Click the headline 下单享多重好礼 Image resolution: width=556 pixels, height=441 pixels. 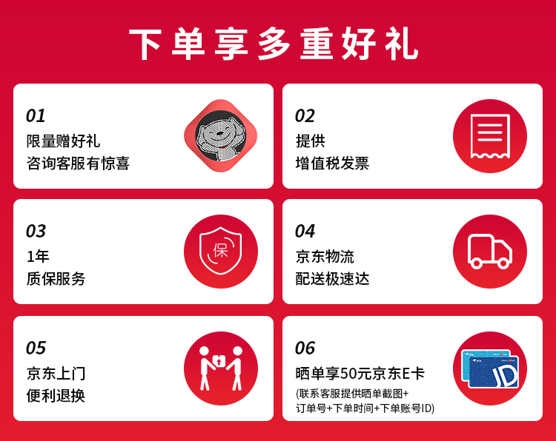(274, 44)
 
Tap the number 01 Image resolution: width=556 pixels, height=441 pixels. (36, 115)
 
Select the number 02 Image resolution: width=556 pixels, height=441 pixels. (305, 115)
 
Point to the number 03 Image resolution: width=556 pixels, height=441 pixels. (36, 231)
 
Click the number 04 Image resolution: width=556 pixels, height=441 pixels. (305, 231)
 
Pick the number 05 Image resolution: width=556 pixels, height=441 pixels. (36, 348)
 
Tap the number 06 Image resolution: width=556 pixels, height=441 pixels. (305, 348)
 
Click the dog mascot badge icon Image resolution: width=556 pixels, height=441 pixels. (221, 136)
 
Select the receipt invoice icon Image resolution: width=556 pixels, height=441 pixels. (490, 136)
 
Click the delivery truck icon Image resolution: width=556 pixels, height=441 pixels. (490, 252)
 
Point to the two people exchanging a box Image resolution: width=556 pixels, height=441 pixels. (221, 368)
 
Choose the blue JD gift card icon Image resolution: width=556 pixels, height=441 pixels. (490, 368)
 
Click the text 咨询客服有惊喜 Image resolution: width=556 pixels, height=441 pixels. (78, 164)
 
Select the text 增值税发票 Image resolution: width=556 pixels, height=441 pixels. (332, 164)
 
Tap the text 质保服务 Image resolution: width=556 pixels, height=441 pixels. (56, 279)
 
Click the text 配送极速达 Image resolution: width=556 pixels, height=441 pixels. (332, 279)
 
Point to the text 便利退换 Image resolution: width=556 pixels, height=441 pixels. (56, 396)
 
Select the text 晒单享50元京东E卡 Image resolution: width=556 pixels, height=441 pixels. (360, 374)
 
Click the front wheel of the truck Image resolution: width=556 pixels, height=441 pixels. (503, 263)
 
